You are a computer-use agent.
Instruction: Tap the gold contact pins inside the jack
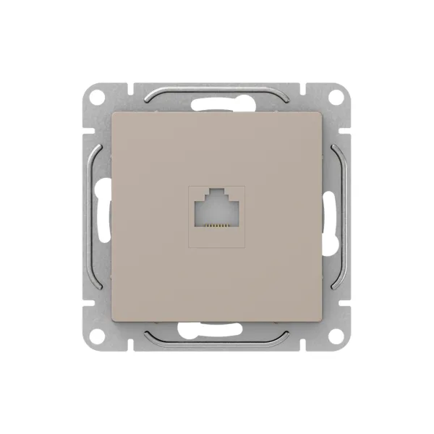pos(217,226)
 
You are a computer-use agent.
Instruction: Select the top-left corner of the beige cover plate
pos(113,112)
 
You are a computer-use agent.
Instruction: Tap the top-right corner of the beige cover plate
pos(321,112)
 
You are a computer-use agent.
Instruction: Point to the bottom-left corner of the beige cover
pos(113,321)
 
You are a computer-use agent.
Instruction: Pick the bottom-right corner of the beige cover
pos(321,321)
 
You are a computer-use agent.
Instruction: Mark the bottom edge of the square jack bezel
pos(217,247)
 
